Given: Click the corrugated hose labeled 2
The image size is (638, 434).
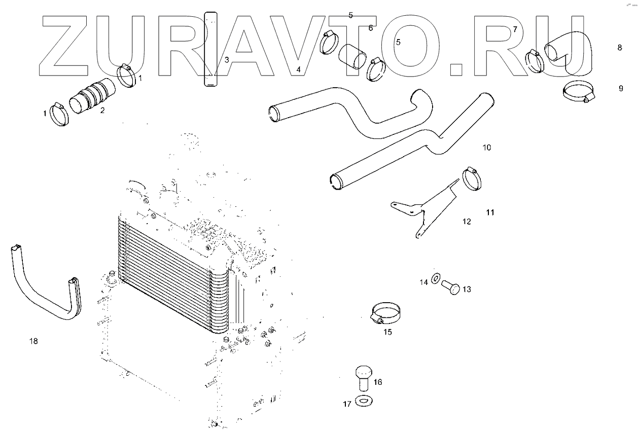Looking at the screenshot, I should [x=92, y=96].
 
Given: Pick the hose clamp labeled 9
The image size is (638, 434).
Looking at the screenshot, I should [x=578, y=93].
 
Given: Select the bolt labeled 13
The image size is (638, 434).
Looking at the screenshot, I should [x=450, y=287].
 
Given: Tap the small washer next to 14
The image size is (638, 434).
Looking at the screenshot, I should [x=436, y=279].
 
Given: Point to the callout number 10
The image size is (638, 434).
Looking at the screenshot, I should [x=486, y=148].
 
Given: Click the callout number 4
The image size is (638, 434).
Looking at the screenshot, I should [x=299, y=69].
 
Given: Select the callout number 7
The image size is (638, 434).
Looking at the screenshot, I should [x=515, y=29].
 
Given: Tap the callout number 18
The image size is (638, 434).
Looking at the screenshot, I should [x=33, y=341].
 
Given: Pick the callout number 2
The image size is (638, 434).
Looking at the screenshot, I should [x=102, y=110].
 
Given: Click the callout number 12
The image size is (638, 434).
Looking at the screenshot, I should [x=467, y=222].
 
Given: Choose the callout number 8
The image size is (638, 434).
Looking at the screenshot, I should [x=619, y=48].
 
